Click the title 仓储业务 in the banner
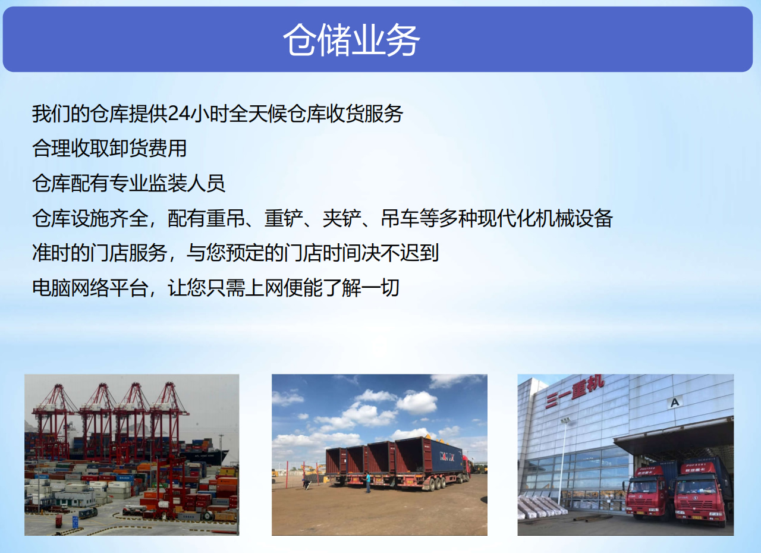(351, 40)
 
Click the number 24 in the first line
(179, 114)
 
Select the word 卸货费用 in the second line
(149, 149)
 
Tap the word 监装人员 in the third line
(187, 183)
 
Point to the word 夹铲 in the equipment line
(341, 218)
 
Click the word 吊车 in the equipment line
(400, 218)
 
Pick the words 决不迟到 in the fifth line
(401, 253)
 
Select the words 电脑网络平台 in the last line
(90, 288)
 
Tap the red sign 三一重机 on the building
(575, 391)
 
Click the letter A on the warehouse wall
(675, 403)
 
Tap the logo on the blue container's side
(446, 456)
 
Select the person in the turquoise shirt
(368, 482)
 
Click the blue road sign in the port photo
(75, 521)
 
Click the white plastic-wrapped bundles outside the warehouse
(541, 507)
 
